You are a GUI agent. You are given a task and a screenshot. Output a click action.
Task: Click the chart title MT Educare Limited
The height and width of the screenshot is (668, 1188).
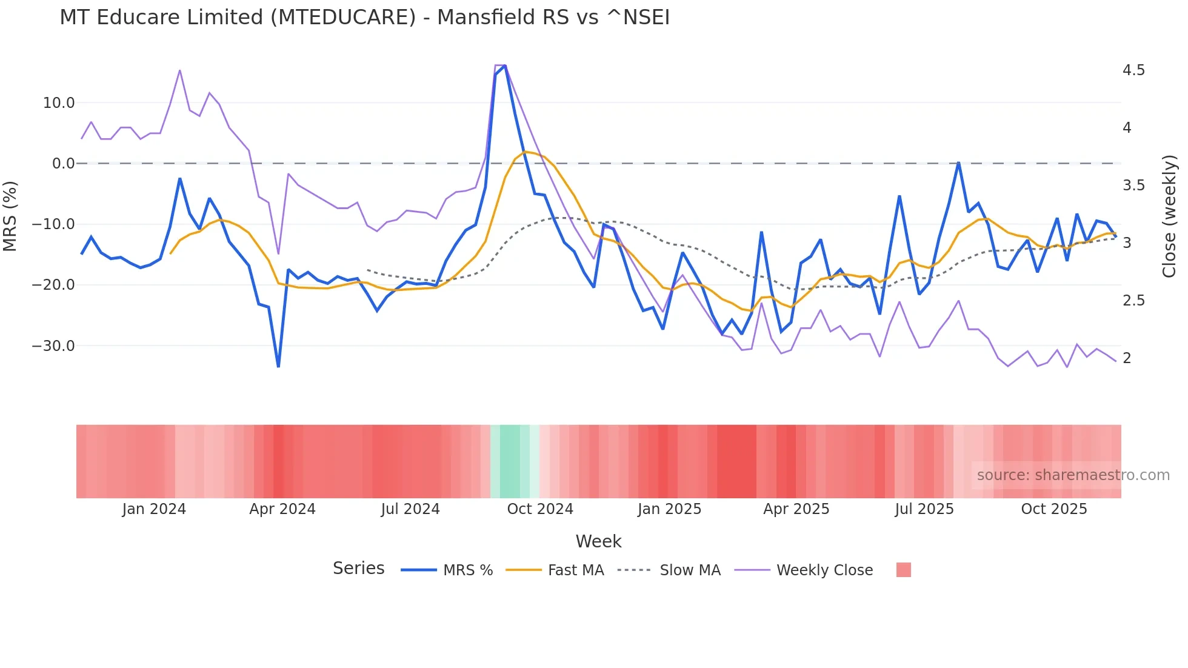364,18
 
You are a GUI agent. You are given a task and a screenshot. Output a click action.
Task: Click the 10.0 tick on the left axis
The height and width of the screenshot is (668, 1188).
59,103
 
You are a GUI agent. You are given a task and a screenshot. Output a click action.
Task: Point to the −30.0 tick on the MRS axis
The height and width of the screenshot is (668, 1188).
53,346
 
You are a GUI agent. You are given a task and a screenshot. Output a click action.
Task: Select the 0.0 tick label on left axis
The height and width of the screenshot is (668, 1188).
63,164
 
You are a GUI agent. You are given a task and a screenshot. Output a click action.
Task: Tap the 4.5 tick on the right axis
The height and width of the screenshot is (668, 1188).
1133,70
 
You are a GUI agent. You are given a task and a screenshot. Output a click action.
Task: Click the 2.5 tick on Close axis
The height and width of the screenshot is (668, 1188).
1133,301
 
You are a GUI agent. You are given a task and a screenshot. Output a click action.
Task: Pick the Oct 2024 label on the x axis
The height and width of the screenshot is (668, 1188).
540,509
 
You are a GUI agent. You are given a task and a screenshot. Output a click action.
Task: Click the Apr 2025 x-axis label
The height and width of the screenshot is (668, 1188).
796,509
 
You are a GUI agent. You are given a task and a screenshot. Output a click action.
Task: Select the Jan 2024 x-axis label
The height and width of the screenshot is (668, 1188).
154,509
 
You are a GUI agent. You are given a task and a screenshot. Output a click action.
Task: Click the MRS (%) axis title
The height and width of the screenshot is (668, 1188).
10,216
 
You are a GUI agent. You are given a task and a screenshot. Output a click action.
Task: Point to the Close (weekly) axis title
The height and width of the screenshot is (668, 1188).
1169,216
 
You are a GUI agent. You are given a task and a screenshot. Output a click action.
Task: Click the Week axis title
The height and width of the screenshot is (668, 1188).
598,541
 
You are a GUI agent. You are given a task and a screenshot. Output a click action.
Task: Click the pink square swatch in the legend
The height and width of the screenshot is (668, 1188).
903,570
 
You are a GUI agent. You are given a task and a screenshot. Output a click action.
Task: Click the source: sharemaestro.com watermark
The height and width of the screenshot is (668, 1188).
1073,475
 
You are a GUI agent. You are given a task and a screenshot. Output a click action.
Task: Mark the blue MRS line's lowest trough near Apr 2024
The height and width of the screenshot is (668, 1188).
278,366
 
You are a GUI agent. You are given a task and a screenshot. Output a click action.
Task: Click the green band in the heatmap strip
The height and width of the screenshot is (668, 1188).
510,461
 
